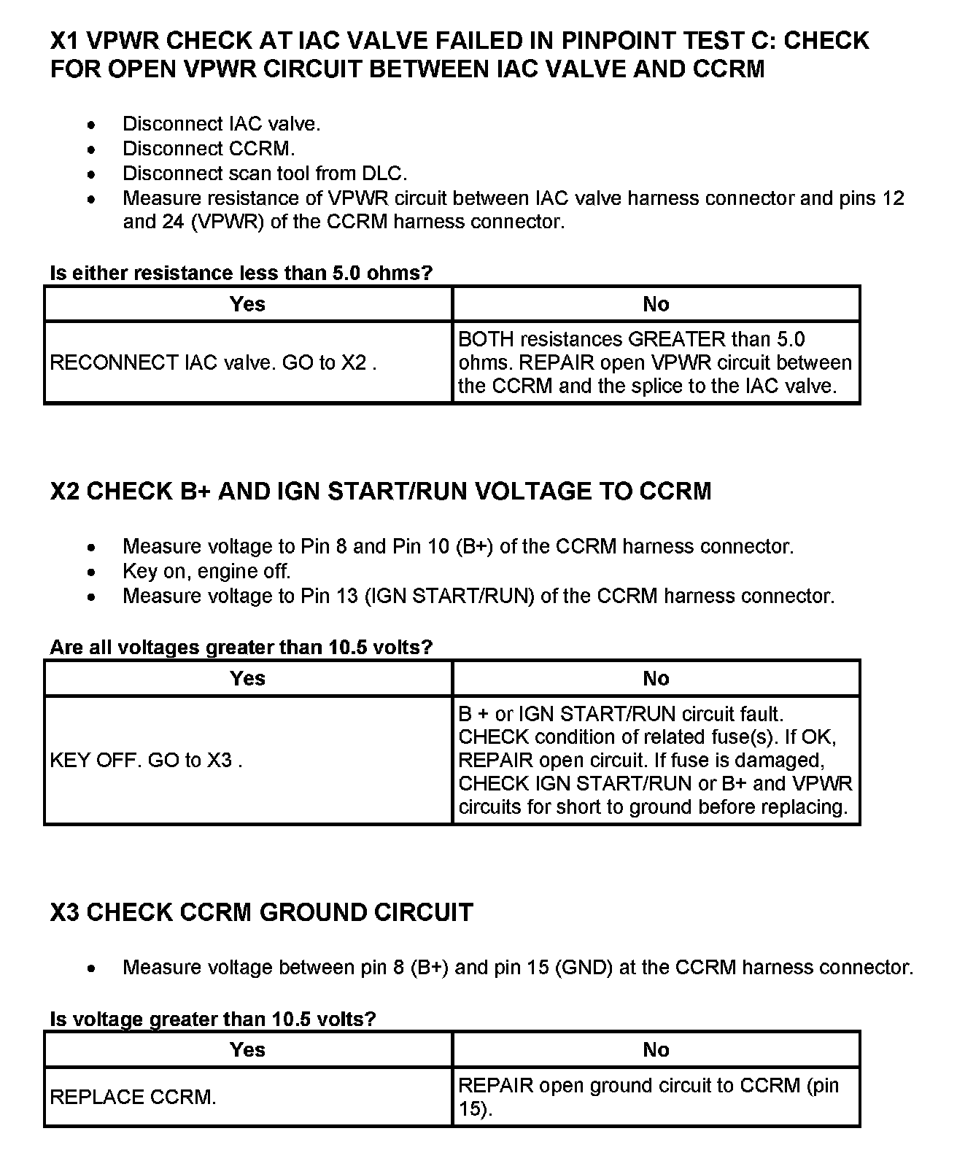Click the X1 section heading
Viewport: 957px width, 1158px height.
point(460,54)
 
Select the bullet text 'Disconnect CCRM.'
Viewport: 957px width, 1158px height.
point(209,149)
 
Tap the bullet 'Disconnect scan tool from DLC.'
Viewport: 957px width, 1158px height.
point(265,174)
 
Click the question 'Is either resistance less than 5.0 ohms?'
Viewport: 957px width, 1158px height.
point(241,273)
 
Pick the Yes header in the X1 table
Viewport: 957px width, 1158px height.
point(247,304)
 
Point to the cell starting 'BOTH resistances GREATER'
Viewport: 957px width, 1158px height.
point(655,362)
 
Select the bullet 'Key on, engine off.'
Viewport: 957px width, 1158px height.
point(206,571)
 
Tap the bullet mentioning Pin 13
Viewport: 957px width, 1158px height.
point(478,596)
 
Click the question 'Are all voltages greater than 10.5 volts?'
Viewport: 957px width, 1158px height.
point(241,647)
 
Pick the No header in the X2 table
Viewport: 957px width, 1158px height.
point(656,679)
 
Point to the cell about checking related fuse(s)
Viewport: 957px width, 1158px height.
point(655,760)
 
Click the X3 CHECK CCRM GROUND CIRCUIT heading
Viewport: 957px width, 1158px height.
point(262,912)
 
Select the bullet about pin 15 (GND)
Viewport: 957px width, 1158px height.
point(518,968)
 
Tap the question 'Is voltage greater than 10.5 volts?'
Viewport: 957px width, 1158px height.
point(213,1019)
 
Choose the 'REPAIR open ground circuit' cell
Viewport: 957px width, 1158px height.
point(655,1097)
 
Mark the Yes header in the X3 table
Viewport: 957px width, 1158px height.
point(247,1050)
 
